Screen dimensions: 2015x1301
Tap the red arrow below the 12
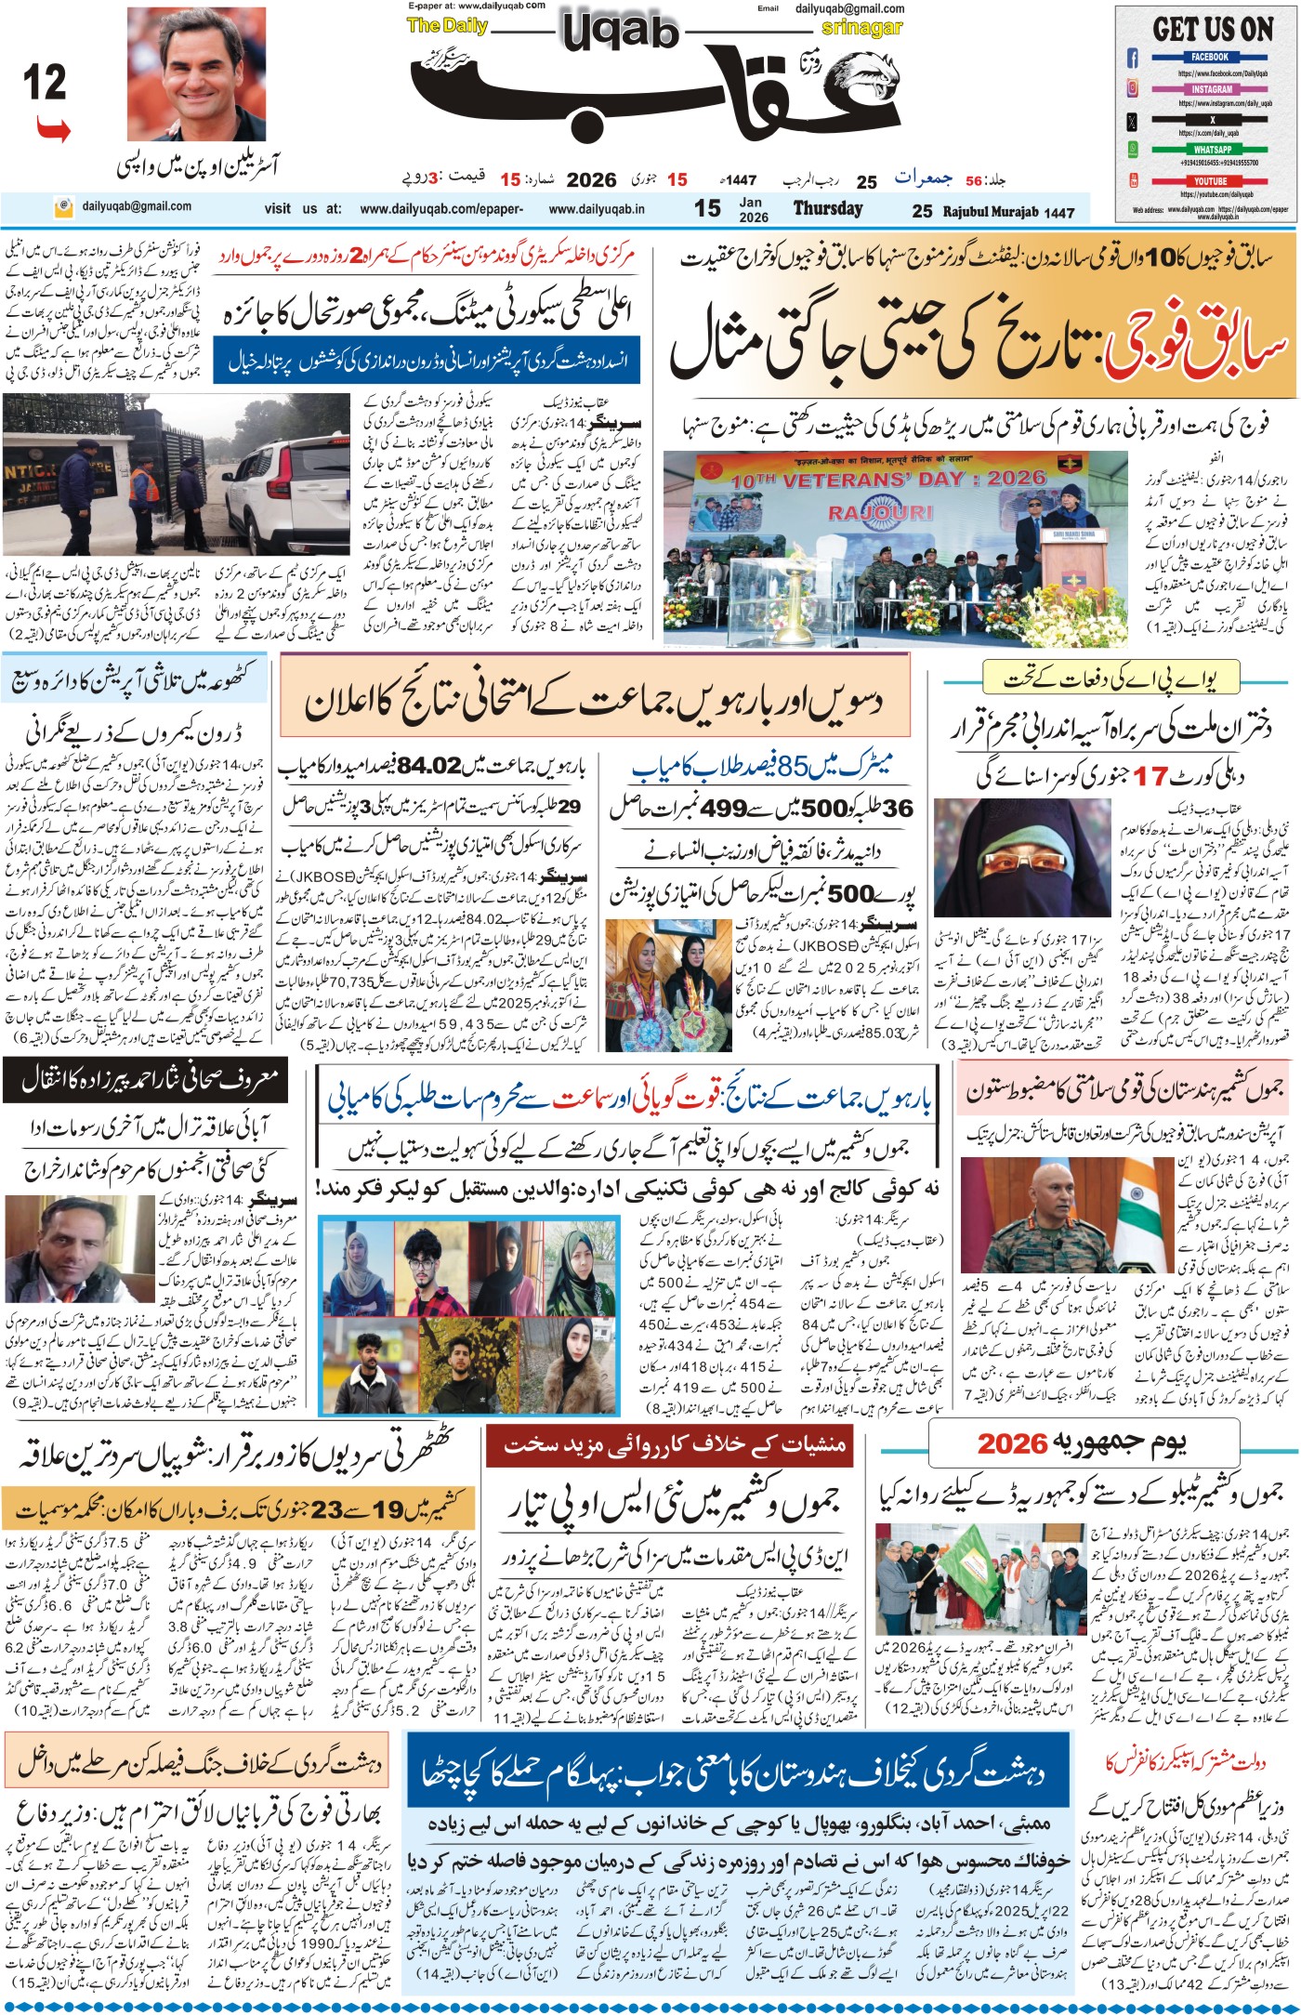point(54,130)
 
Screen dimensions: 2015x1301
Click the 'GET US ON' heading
point(1212,29)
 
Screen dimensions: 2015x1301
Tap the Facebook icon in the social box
point(1133,59)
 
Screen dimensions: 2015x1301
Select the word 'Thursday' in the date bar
point(827,209)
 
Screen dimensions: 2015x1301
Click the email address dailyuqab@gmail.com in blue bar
point(137,206)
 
